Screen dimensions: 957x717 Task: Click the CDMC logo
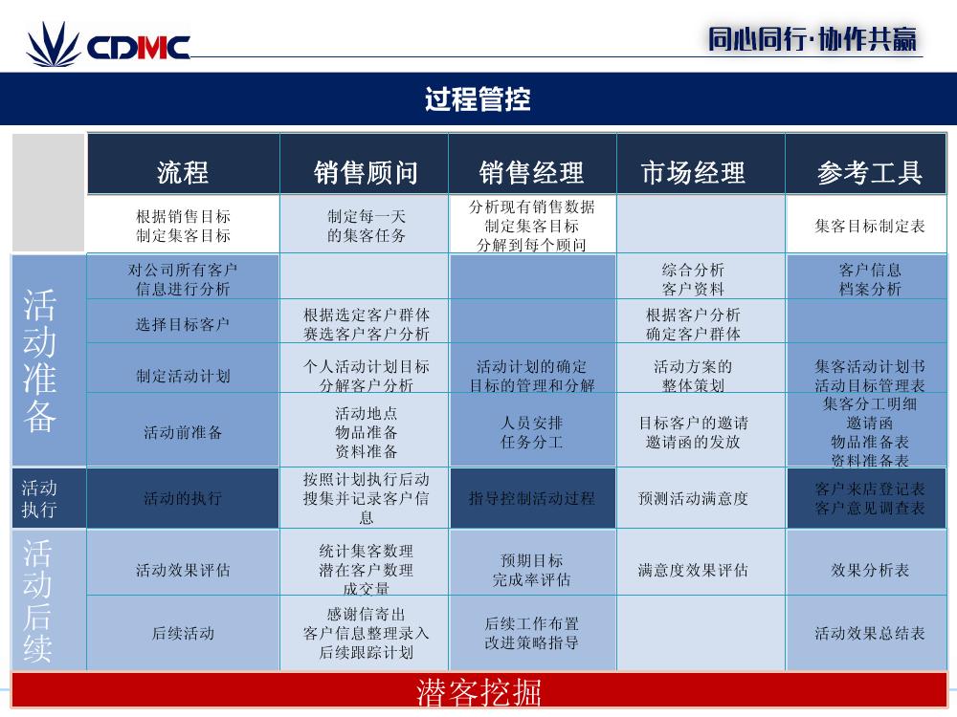[108, 44]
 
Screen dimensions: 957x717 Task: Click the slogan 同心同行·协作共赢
[812, 39]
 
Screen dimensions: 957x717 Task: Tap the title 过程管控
[478, 98]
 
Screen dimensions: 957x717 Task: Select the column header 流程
[183, 172]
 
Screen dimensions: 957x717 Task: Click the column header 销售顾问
[367, 172]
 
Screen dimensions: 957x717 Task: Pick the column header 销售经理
[531, 172]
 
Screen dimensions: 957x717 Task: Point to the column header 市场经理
[693, 172]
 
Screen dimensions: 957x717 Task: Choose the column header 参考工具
[870, 172]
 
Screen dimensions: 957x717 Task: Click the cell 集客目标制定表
[870, 227]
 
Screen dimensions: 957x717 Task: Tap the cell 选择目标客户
[183, 324]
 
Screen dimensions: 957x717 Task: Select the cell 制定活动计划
[183, 376]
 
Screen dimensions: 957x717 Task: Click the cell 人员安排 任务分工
[531, 432]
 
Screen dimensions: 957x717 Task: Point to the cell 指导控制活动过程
[531, 498]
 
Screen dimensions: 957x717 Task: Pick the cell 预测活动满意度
[693, 498]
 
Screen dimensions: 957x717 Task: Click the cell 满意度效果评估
[693, 570]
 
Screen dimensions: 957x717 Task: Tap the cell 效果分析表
[870, 570]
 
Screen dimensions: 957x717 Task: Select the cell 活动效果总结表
[870, 634]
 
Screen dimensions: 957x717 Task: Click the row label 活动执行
[39, 498]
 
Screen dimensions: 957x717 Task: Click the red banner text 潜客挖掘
[479, 692]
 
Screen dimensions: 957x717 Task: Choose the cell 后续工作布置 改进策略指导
[531, 633]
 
